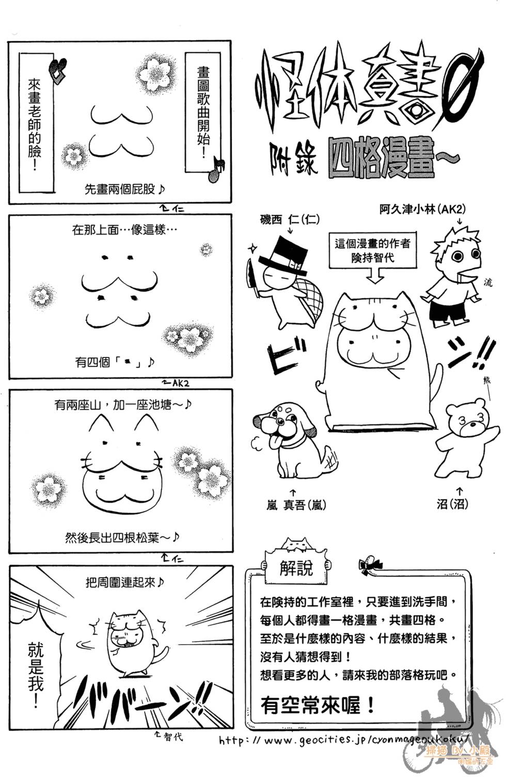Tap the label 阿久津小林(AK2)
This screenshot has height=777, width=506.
click(x=422, y=209)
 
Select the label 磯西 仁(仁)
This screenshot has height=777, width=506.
click(x=289, y=220)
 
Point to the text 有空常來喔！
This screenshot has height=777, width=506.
click(x=318, y=705)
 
